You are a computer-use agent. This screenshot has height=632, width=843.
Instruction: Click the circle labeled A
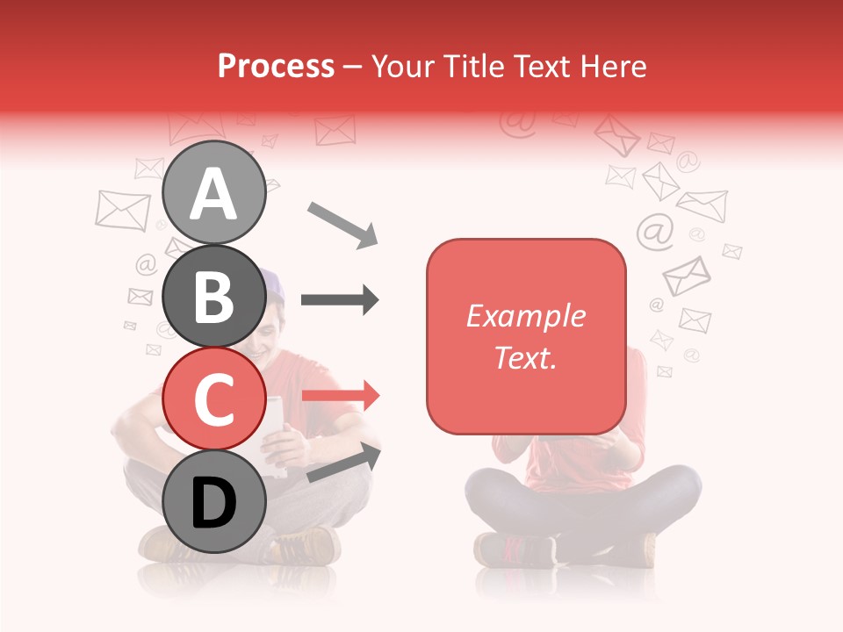[x=213, y=192]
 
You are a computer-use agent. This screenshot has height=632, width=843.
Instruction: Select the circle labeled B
[x=213, y=295]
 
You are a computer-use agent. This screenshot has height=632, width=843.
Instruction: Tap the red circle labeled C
[x=213, y=399]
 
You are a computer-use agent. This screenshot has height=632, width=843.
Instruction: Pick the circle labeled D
[x=213, y=502]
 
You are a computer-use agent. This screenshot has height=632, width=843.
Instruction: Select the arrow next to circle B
[x=340, y=300]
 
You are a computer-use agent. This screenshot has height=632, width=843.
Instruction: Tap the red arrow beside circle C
[x=341, y=395]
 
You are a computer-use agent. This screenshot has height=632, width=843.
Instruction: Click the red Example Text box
[x=526, y=336]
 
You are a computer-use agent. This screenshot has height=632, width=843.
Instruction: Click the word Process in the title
[x=276, y=66]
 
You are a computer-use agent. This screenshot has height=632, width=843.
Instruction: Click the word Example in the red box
[x=525, y=316]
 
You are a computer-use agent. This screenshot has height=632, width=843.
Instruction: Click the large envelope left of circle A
[x=123, y=210]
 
